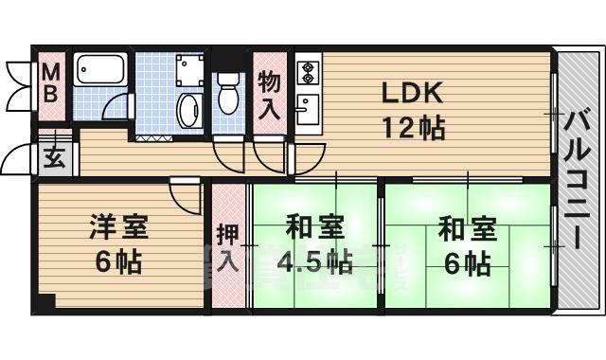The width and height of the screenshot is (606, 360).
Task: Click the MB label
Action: pyautogui.click(x=51, y=82)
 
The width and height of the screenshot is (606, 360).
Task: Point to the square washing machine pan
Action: pyautogui.click(x=189, y=67)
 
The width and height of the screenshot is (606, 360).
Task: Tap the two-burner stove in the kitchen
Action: pyautogui.click(x=309, y=70)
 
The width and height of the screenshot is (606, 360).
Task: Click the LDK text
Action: pyautogui.click(x=412, y=94)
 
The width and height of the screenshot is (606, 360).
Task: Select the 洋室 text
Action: pyautogui.click(x=118, y=228)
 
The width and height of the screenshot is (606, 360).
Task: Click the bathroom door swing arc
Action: pyautogui.click(x=116, y=107)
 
